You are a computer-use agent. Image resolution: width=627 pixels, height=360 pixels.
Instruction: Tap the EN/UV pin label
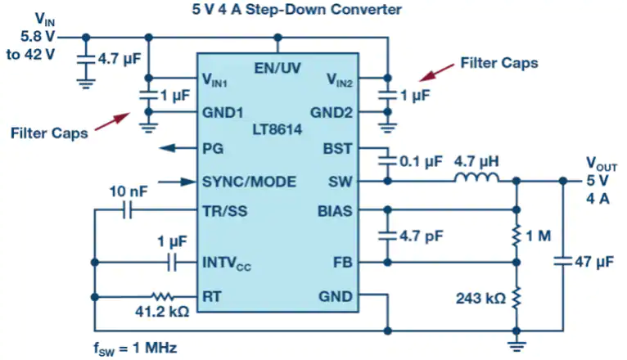(x=277, y=67)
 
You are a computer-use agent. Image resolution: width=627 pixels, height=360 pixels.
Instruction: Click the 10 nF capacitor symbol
(x=129, y=211)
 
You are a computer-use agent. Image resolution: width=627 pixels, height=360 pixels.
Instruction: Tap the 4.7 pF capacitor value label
(x=423, y=237)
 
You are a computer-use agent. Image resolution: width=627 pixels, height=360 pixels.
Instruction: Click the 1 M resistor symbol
(x=516, y=236)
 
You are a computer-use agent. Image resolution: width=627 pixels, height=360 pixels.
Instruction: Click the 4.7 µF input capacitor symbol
(x=84, y=60)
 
